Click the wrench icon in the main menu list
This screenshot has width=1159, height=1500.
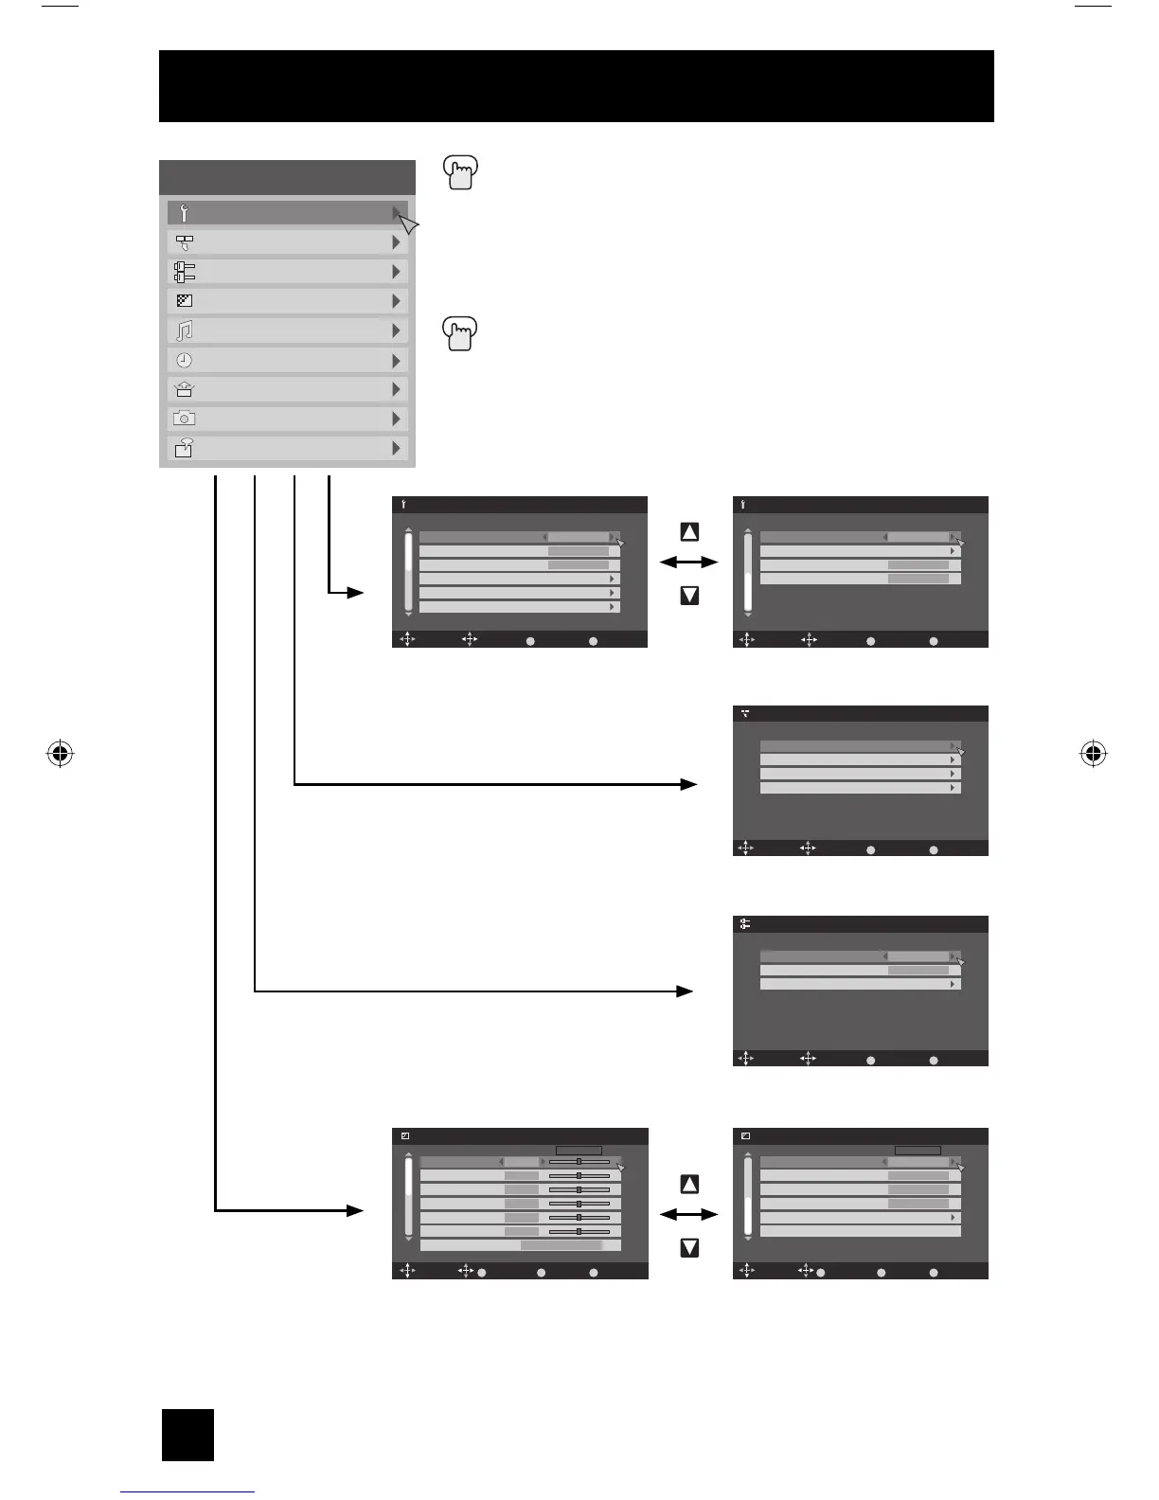(184, 213)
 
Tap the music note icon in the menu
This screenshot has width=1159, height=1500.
(185, 330)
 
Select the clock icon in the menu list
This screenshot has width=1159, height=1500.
(184, 361)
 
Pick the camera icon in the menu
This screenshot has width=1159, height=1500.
(184, 419)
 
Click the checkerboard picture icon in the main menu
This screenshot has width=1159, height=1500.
(185, 301)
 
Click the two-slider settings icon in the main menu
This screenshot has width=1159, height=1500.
(184, 272)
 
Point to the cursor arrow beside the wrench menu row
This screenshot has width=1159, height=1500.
(409, 224)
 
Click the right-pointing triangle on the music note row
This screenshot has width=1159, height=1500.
(397, 330)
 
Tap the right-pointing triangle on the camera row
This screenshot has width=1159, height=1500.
(397, 419)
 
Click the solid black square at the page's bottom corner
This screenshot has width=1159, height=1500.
(187, 1435)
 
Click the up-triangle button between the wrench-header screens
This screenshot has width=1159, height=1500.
(689, 532)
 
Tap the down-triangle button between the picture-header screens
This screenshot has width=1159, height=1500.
(689, 1248)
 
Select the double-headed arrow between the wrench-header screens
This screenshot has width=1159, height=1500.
(688, 562)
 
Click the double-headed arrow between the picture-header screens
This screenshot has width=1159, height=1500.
(688, 1214)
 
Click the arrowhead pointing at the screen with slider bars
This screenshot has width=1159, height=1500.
(355, 1210)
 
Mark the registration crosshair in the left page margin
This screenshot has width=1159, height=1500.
(60, 754)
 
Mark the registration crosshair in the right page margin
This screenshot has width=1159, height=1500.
(1093, 754)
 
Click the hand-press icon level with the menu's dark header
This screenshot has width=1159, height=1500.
(460, 173)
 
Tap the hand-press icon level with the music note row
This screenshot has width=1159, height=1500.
(460, 334)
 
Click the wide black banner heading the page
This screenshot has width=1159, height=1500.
(576, 86)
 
